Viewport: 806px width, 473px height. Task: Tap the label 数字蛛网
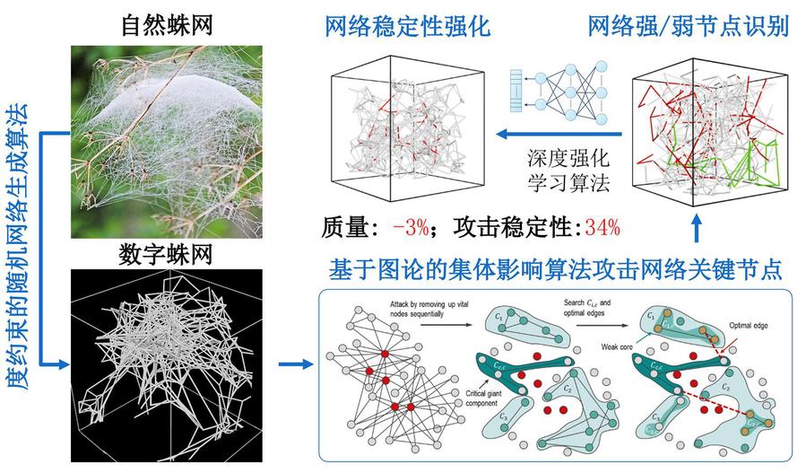165,257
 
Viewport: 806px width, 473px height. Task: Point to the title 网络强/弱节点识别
688,26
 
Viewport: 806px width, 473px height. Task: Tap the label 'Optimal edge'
747,320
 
